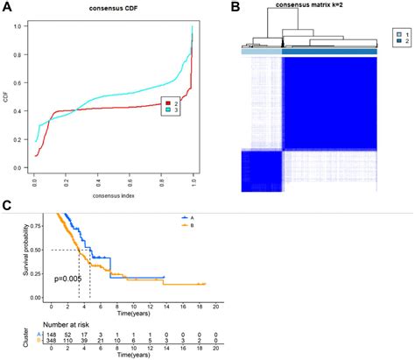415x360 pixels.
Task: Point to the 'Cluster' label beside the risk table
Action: click(11, 340)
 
